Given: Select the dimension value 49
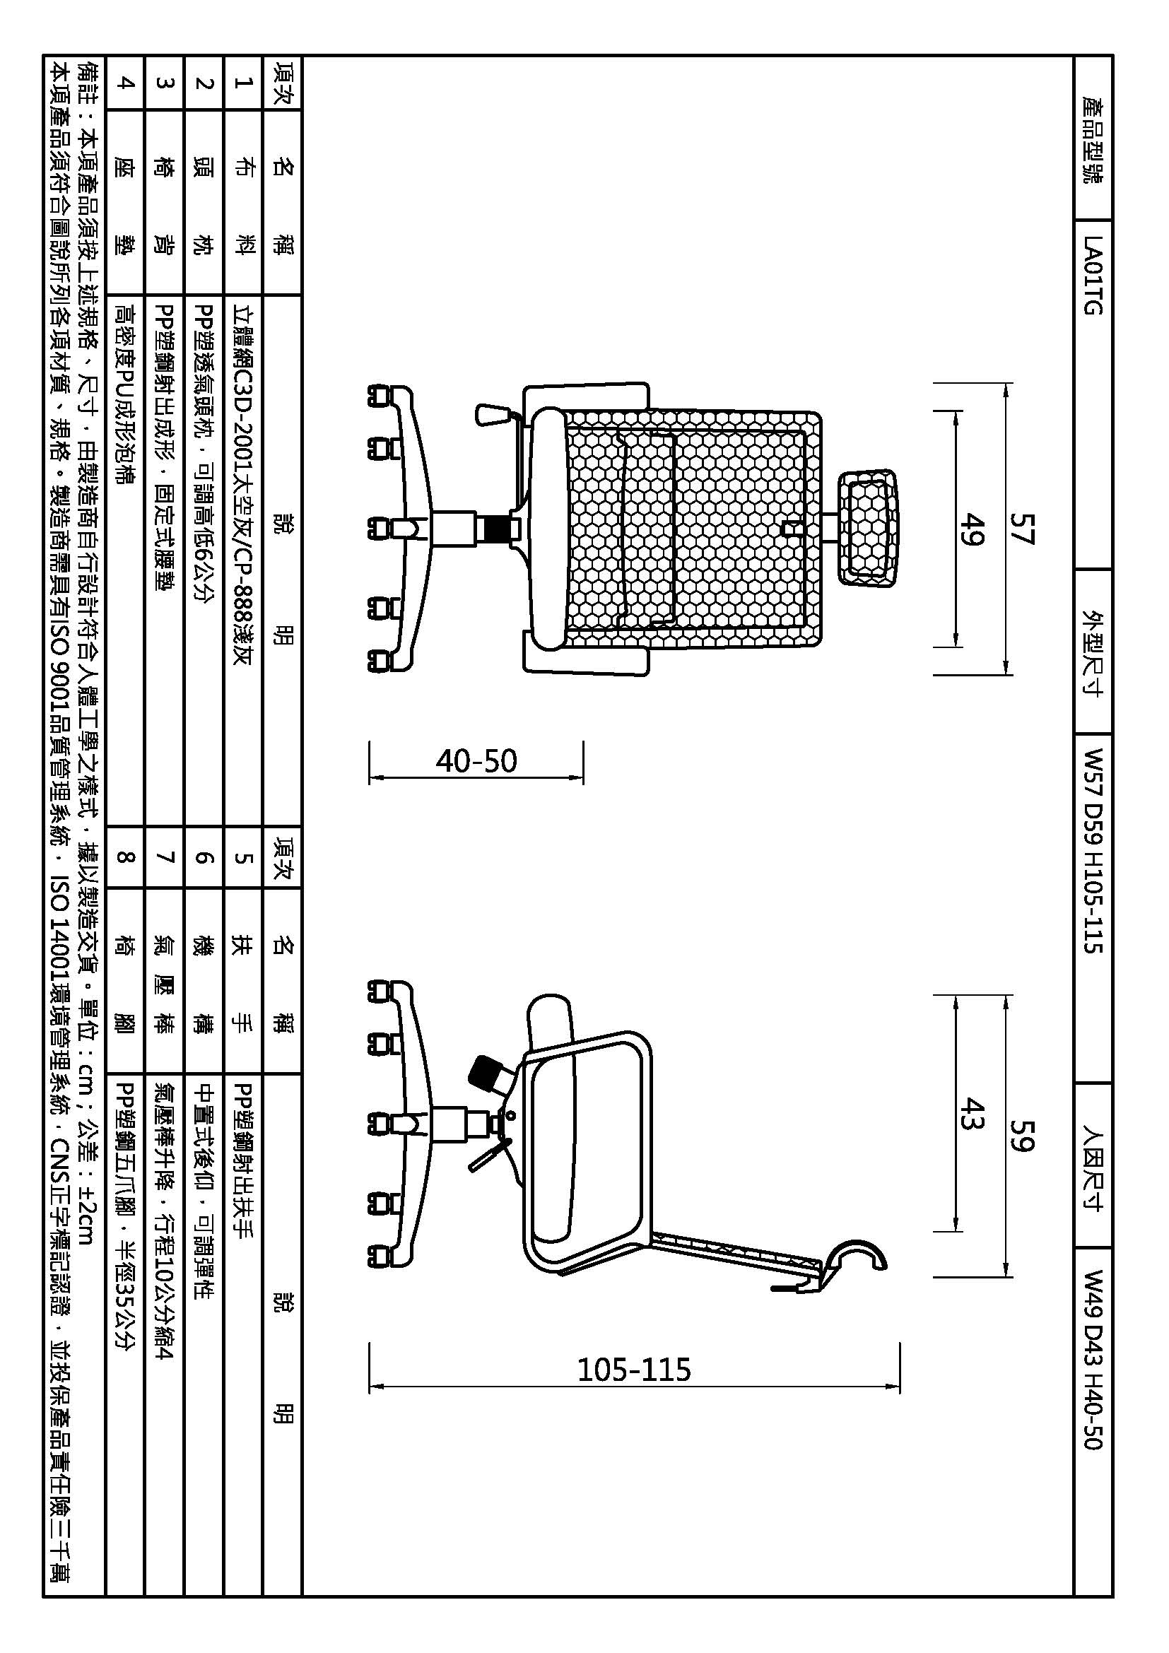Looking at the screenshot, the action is (972, 529).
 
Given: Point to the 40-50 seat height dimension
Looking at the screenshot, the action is (476, 761).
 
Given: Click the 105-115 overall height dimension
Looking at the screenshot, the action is (634, 1370).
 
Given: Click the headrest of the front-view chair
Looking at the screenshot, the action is (869, 529).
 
